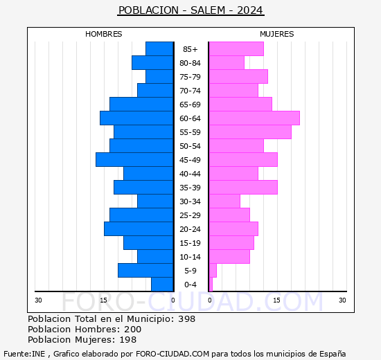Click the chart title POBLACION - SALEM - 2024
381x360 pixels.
pyautogui.click(x=190, y=10)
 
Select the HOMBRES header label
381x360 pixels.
pyautogui.click(x=103, y=34)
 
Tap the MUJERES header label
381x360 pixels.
pyautogui.click(x=276, y=34)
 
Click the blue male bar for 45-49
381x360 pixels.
pyautogui.click(x=134, y=160)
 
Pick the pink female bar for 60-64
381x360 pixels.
pyautogui.click(x=254, y=118)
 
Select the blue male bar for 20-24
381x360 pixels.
pyautogui.click(x=139, y=229)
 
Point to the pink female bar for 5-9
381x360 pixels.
pyautogui.click(x=213, y=271)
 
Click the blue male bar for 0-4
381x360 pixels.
pyautogui.click(x=162, y=285)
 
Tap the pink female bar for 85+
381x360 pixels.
pyautogui.click(x=236, y=49)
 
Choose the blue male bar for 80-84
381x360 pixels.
pyautogui.click(x=152, y=63)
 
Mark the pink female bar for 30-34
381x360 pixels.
pyautogui.click(x=224, y=201)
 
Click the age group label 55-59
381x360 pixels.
pyautogui.click(x=190, y=132)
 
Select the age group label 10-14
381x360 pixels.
pyautogui.click(x=190, y=257)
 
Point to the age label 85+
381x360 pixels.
pyautogui.click(x=190, y=49)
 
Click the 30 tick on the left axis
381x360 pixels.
pyautogui.click(x=39, y=300)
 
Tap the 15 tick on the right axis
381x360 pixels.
pyautogui.click(x=276, y=300)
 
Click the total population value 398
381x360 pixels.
pyautogui.click(x=186, y=319)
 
